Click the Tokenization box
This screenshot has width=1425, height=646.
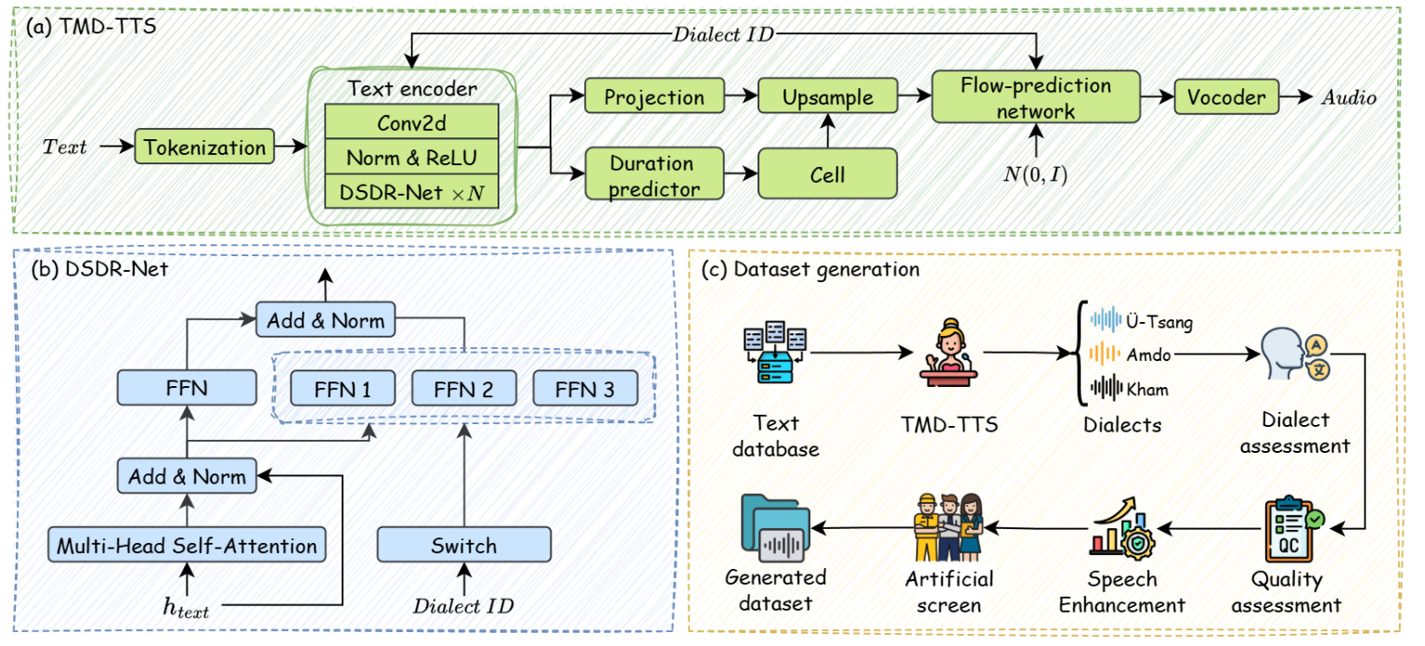click(x=204, y=147)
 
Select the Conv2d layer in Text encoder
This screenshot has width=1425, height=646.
click(x=411, y=122)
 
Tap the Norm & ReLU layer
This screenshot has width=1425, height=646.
click(x=411, y=157)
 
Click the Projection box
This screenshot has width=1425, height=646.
click(x=654, y=96)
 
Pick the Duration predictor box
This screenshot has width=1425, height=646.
click(x=654, y=174)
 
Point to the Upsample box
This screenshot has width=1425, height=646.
click(x=828, y=96)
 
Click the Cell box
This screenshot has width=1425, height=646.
click(x=828, y=174)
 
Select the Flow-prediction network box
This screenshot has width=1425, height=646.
click(x=1036, y=97)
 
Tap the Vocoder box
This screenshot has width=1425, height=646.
click(x=1226, y=97)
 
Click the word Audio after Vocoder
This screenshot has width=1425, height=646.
click(x=1349, y=97)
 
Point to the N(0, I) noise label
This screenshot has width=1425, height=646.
click(x=1035, y=174)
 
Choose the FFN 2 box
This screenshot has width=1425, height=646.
click(x=464, y=388)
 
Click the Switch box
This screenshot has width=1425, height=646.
click(x=464, y=544)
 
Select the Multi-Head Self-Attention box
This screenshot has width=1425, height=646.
click(x=187, y=544)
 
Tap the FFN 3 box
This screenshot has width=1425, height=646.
click(x=585, y=388)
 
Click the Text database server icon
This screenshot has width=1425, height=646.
click(x=775, y=353)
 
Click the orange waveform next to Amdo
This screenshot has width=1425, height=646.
click(x=1105, y=354)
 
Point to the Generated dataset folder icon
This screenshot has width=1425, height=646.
click(x=775, y=528)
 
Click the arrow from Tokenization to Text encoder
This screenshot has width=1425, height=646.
click(x=291, y=147)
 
